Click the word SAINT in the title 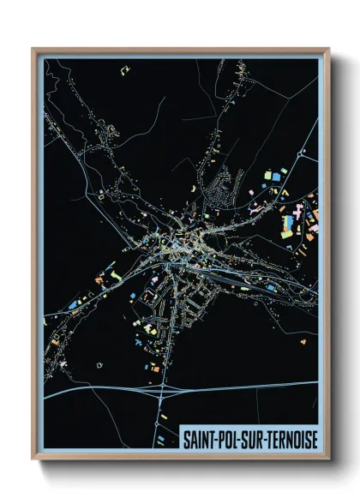[x=199, y=439]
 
